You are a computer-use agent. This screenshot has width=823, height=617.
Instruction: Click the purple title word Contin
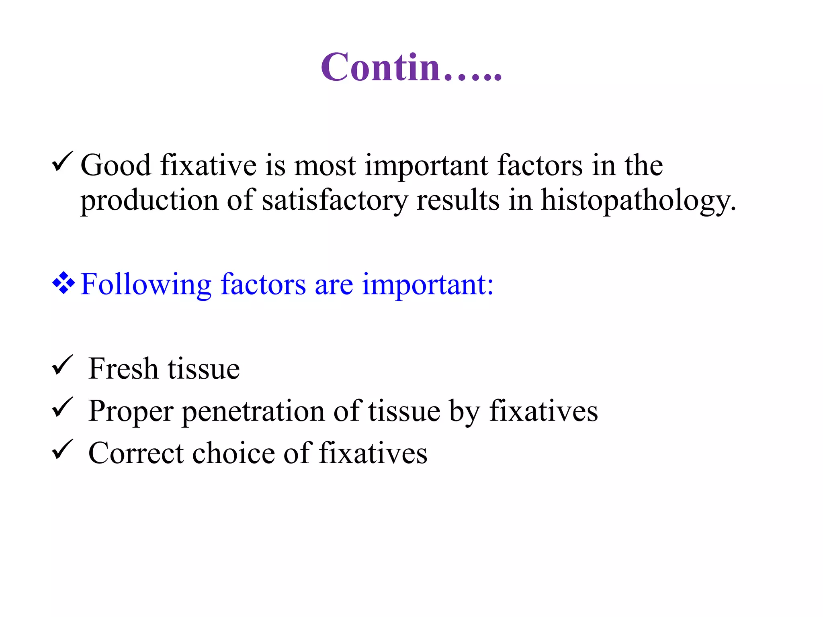tap(411, 67)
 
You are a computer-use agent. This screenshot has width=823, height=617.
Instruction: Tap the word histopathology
tap(638, 200)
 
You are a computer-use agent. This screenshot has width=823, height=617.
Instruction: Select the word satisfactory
tap(335, 200)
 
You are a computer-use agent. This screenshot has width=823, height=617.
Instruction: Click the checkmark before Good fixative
tap(62, 162)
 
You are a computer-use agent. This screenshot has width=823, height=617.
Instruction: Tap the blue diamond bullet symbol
tap(63, 283)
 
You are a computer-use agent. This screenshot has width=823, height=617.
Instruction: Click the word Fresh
tap(123, 368)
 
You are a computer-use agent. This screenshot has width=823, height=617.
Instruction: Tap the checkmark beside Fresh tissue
tap(62, 365)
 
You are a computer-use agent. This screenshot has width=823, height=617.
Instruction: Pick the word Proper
tap(131, 411)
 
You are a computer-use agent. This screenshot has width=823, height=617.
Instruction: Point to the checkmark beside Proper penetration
tap(62, 407)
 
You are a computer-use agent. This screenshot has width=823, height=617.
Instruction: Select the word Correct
tap(136, 453)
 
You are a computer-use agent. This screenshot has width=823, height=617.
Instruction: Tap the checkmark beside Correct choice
tap(62, 449)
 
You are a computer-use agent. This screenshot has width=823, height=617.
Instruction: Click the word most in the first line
tap(325, 165)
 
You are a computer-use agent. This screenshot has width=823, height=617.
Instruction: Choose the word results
tap(458, 200)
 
